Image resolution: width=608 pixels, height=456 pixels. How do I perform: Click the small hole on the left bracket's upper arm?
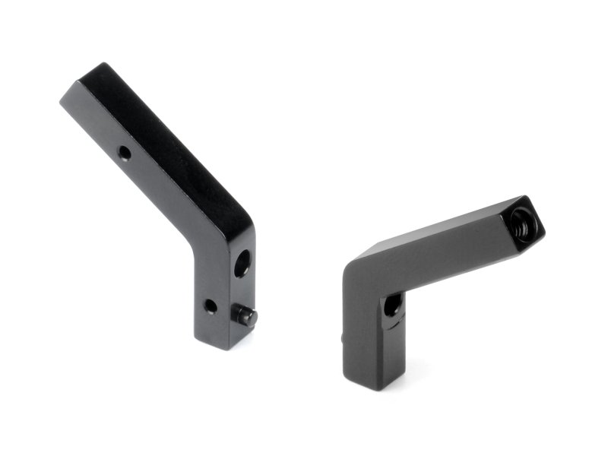[x=125, y=154]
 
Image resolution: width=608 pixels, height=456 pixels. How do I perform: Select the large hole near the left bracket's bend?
[x=242, y=264]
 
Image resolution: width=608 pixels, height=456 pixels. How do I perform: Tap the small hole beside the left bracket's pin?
[x=210, y=306]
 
